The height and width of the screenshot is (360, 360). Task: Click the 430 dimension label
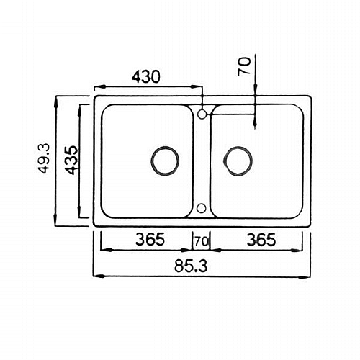[x=145, y=77]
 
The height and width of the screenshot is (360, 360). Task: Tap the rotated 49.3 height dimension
[x=44, y=158]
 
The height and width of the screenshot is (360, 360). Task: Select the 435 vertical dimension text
[x=72, y=160]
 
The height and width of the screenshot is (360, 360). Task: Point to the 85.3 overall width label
[x=191, y=266]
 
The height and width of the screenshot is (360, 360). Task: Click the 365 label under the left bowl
[x=150, y=240]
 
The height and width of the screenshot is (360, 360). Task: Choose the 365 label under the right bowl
[x=261, y=240]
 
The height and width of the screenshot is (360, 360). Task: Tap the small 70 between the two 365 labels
[x=202, y=242]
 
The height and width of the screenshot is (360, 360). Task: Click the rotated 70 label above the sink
[x=244, y=66]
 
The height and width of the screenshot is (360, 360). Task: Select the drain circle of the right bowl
[x=238, y=161]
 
